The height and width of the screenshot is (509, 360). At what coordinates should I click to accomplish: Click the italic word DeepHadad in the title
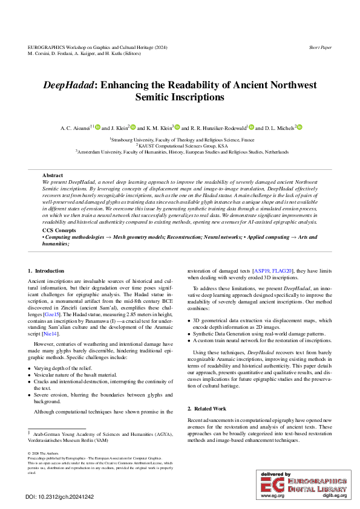[x=66, y=85]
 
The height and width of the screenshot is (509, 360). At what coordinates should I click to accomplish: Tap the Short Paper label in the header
[x=320, y=47]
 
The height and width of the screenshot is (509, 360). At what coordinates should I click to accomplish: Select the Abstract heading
[x=53, y=175]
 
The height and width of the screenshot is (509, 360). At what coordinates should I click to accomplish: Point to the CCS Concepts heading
[x=59, y=231]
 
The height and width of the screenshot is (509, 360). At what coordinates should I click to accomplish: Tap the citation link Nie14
[x=51, y=334]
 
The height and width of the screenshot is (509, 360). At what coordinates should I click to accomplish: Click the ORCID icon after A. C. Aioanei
[x=97, y=128]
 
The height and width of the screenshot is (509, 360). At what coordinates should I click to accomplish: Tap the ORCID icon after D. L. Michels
[x=299, y=128]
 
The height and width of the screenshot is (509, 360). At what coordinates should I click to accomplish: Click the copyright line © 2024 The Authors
[x=44, y=453]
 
